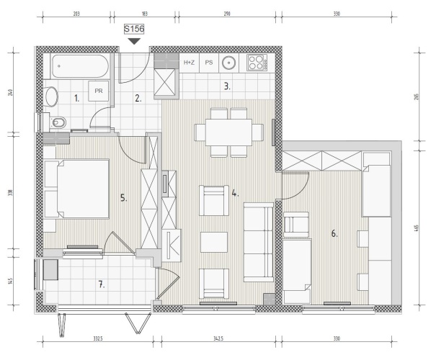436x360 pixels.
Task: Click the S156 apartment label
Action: click(134, 29)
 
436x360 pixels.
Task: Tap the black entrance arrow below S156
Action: click(134, 41)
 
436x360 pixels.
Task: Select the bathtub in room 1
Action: click(80, 66)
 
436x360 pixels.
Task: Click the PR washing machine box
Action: click(99, 91)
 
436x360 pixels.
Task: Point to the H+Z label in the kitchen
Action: click(189, 63)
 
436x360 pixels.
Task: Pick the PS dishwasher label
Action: click(209, 63)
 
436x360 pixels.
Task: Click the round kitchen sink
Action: click(229, 63)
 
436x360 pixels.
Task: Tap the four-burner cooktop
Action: click(257, 63)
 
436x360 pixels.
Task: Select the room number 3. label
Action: click(227, 86)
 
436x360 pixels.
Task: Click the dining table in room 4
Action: click(228, 132)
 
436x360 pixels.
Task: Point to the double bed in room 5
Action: click(76, 189)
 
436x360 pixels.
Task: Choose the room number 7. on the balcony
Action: click(102, 284)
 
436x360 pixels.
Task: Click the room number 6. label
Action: click(334, 233)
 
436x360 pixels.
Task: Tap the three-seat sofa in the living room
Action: click(259, 242)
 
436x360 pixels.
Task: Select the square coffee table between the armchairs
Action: click(214, 242)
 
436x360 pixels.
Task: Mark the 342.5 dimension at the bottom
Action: click(218, 338)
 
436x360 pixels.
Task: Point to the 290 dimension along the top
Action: click(227, 14)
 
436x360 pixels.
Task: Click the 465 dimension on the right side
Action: click(417, 228)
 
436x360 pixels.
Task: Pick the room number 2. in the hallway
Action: click(138, 98)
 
